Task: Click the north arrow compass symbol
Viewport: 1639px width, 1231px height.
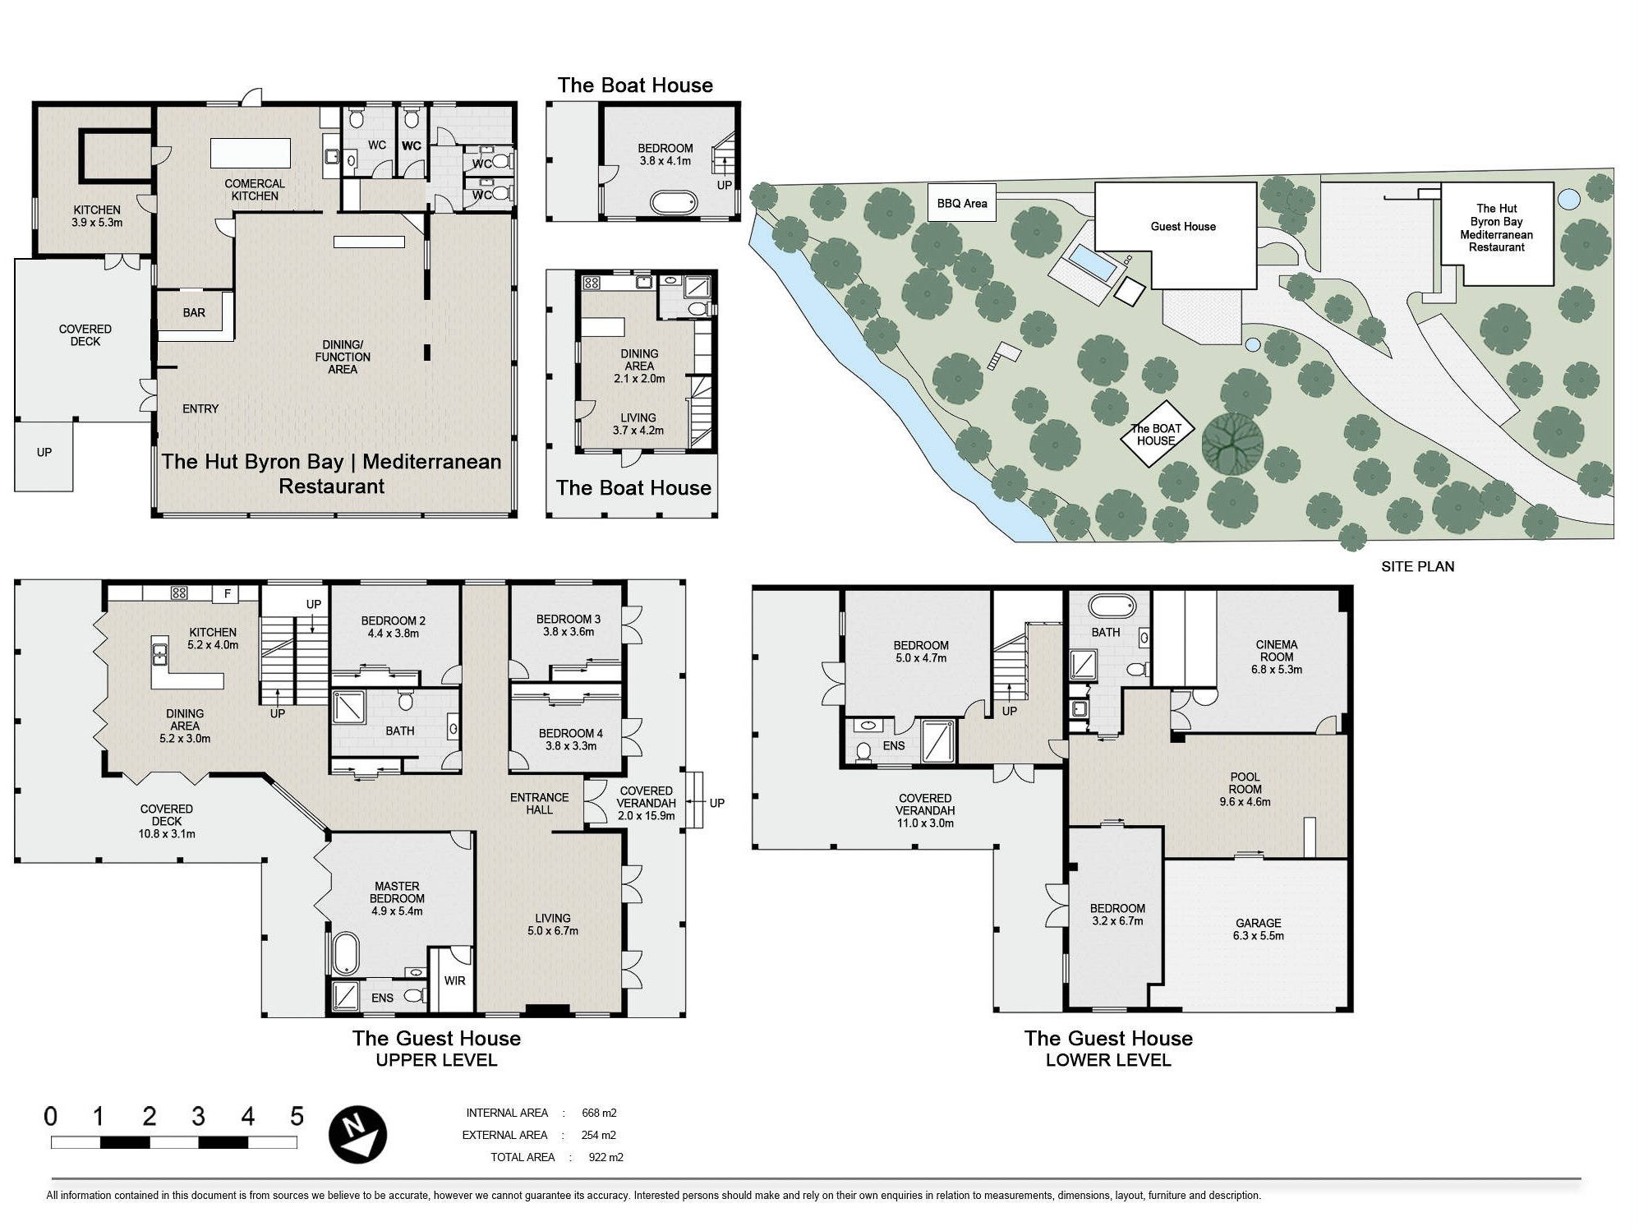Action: [x=357, y=1134]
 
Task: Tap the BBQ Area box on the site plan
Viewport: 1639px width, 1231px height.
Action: [x=962, y=203]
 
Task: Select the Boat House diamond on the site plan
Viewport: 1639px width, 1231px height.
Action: [x=1156, y=434]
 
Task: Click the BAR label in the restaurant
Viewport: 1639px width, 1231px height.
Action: [x=194, y=312]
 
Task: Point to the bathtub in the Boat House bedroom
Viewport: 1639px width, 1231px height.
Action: [x=674, y=201]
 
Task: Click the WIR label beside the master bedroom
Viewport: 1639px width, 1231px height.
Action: [x=454, y=980]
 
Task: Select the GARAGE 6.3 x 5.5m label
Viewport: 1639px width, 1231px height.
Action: [x=1258, y=929]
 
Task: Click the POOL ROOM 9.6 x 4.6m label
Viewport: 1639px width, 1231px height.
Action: [x=1245, y=789]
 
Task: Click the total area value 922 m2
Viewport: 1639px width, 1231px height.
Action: [x=605, y=1157]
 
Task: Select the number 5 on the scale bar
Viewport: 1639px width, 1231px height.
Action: [x=297, y=1116]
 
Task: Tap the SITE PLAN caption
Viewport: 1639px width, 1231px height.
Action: [x=1417, y=566]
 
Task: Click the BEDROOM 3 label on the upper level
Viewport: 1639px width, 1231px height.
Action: [x=568, y=625]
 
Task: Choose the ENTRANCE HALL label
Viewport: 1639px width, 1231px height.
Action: [x=539, y=803]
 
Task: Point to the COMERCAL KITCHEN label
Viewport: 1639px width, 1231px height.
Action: [x=255, y=190]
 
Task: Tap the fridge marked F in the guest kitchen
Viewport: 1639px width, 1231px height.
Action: [x=228, y=592]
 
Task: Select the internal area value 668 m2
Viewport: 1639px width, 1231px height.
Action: [x=599, y=1113]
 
